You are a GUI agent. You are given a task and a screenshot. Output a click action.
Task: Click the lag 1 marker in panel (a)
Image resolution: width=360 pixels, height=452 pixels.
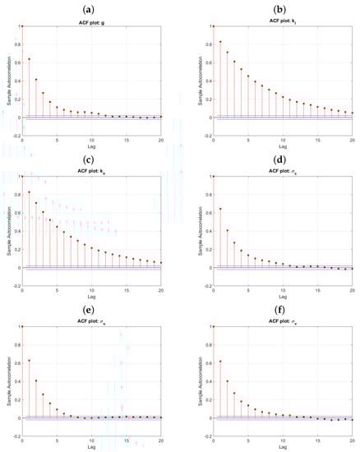(30, 59)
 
